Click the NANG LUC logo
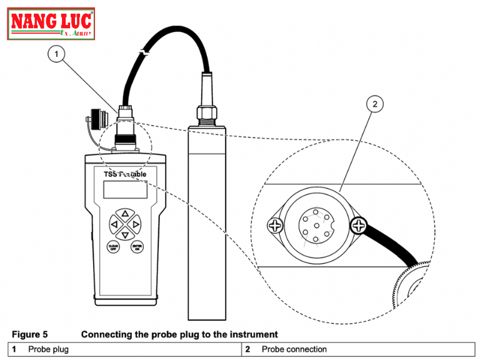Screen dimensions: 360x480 coord(51,24)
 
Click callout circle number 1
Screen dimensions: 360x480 coord(57,55)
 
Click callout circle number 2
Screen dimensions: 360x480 coord(374,104)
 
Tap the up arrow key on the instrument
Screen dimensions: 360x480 coord(125,214)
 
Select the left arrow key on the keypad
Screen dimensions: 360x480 coord(114,224)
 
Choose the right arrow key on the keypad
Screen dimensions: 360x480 coord(136,224)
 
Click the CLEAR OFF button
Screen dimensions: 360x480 coord(113,247)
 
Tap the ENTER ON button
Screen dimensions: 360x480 coord(137,247)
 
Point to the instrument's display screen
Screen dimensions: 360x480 coord(125,189)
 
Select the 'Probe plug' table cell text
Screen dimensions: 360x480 coord(48,349)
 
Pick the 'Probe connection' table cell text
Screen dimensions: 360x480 coord(294,349)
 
